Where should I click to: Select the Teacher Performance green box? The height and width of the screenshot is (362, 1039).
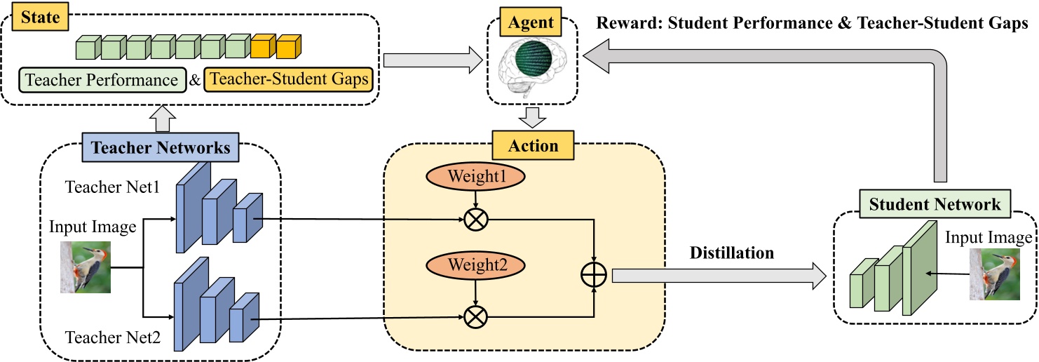pos(102,80)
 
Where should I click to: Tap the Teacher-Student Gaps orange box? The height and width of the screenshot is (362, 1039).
pos(290,80)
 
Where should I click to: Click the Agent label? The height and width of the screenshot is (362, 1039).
pos(531,23)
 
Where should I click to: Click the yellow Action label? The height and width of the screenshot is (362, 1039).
pos(534,146)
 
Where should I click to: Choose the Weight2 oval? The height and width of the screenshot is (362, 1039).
pos(475,265)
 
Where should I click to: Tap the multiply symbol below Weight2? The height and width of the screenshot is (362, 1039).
pos(476,317)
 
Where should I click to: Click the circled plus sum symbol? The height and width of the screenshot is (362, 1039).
pos(595,275)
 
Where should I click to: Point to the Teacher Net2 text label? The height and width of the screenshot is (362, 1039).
pos(113,338)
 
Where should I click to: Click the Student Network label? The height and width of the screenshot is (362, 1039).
pos(935,205)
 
